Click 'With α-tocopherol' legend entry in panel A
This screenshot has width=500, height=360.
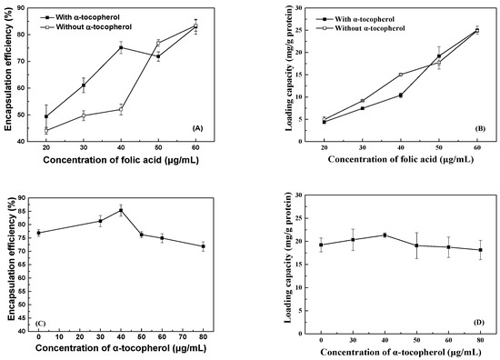[x=95, y=16]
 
